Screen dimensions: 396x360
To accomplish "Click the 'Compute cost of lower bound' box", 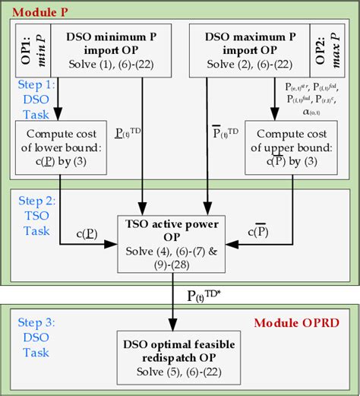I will click(60, 148).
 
